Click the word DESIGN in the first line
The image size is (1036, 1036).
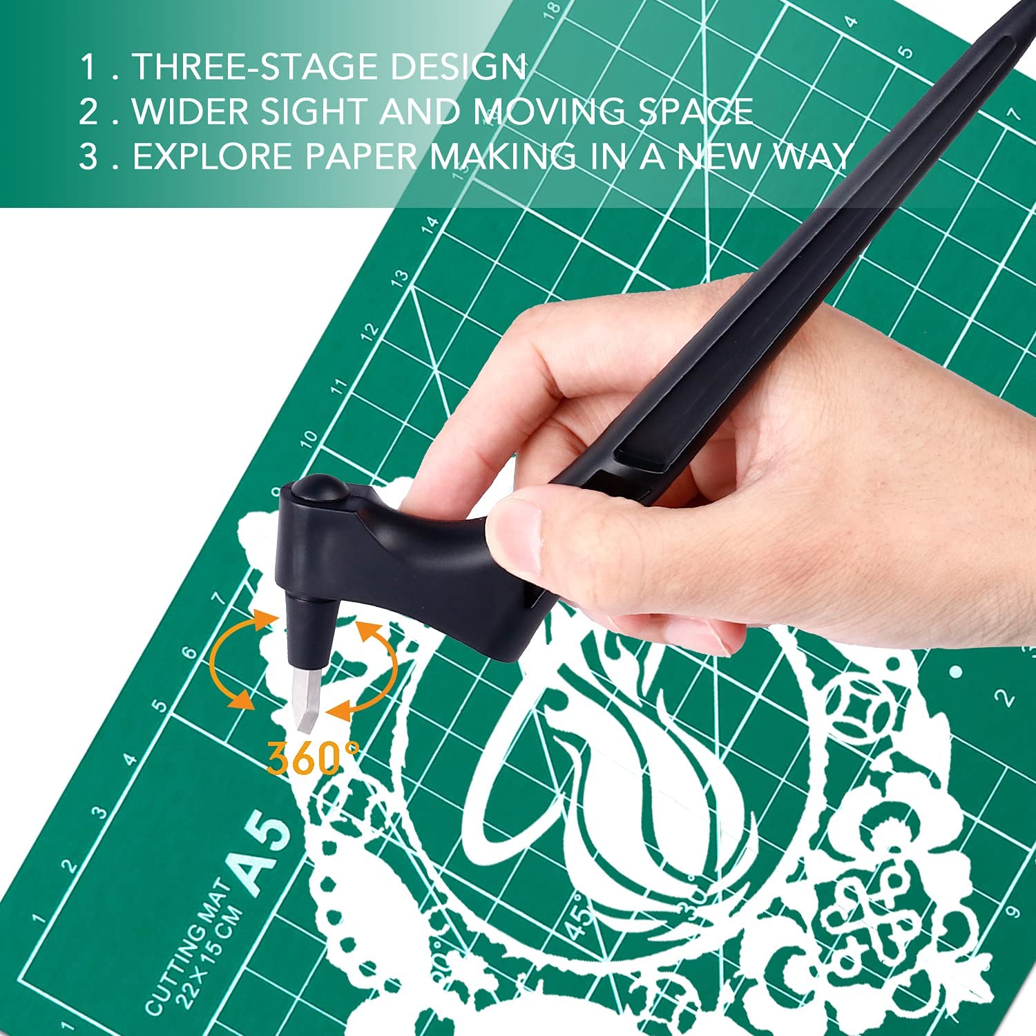click(458, 66)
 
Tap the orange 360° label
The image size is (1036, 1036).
click(313, 758)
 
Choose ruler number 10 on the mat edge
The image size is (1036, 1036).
click(310, 438)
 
